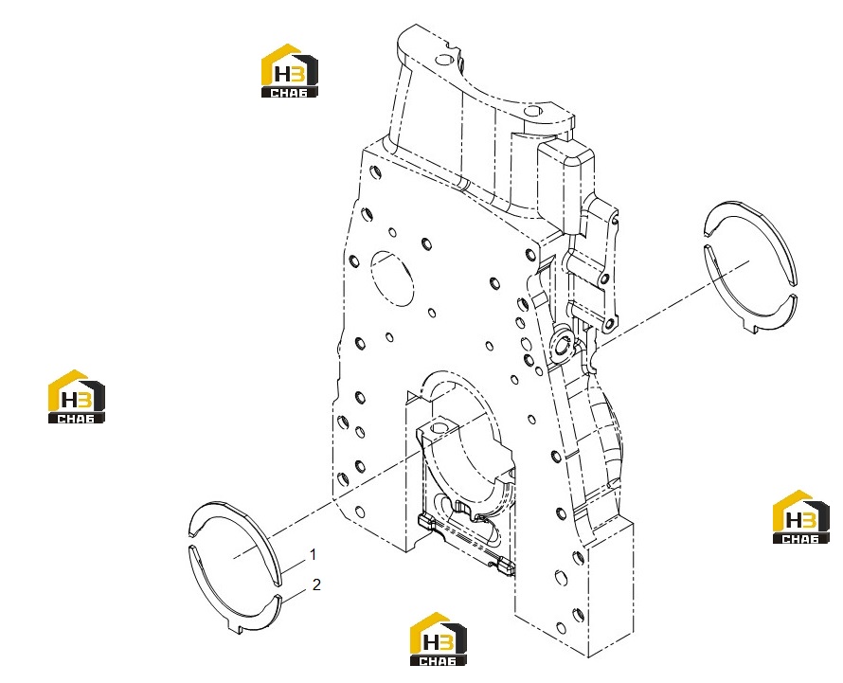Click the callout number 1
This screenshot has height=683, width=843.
(313, 554)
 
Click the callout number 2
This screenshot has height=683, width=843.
(316, 584)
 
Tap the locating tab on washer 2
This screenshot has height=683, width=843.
(234, 628)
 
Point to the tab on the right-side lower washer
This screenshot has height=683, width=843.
(754, 328)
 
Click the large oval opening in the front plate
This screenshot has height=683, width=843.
(392, 279)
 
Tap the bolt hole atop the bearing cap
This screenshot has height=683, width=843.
(439, 428)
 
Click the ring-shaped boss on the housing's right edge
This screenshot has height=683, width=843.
(564, 343)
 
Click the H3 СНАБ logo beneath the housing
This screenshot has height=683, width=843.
(439, 638)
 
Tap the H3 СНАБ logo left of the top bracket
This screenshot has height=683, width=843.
(289, 70)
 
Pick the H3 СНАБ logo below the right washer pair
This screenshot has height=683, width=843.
(800, 517)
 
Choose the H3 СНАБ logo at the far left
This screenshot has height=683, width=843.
(77, 396)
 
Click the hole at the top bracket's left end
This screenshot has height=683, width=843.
(443, 58)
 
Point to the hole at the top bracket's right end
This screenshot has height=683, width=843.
(534, 112)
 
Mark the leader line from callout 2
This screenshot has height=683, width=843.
(295, 593)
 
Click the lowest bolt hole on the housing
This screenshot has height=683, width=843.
(561, 628)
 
